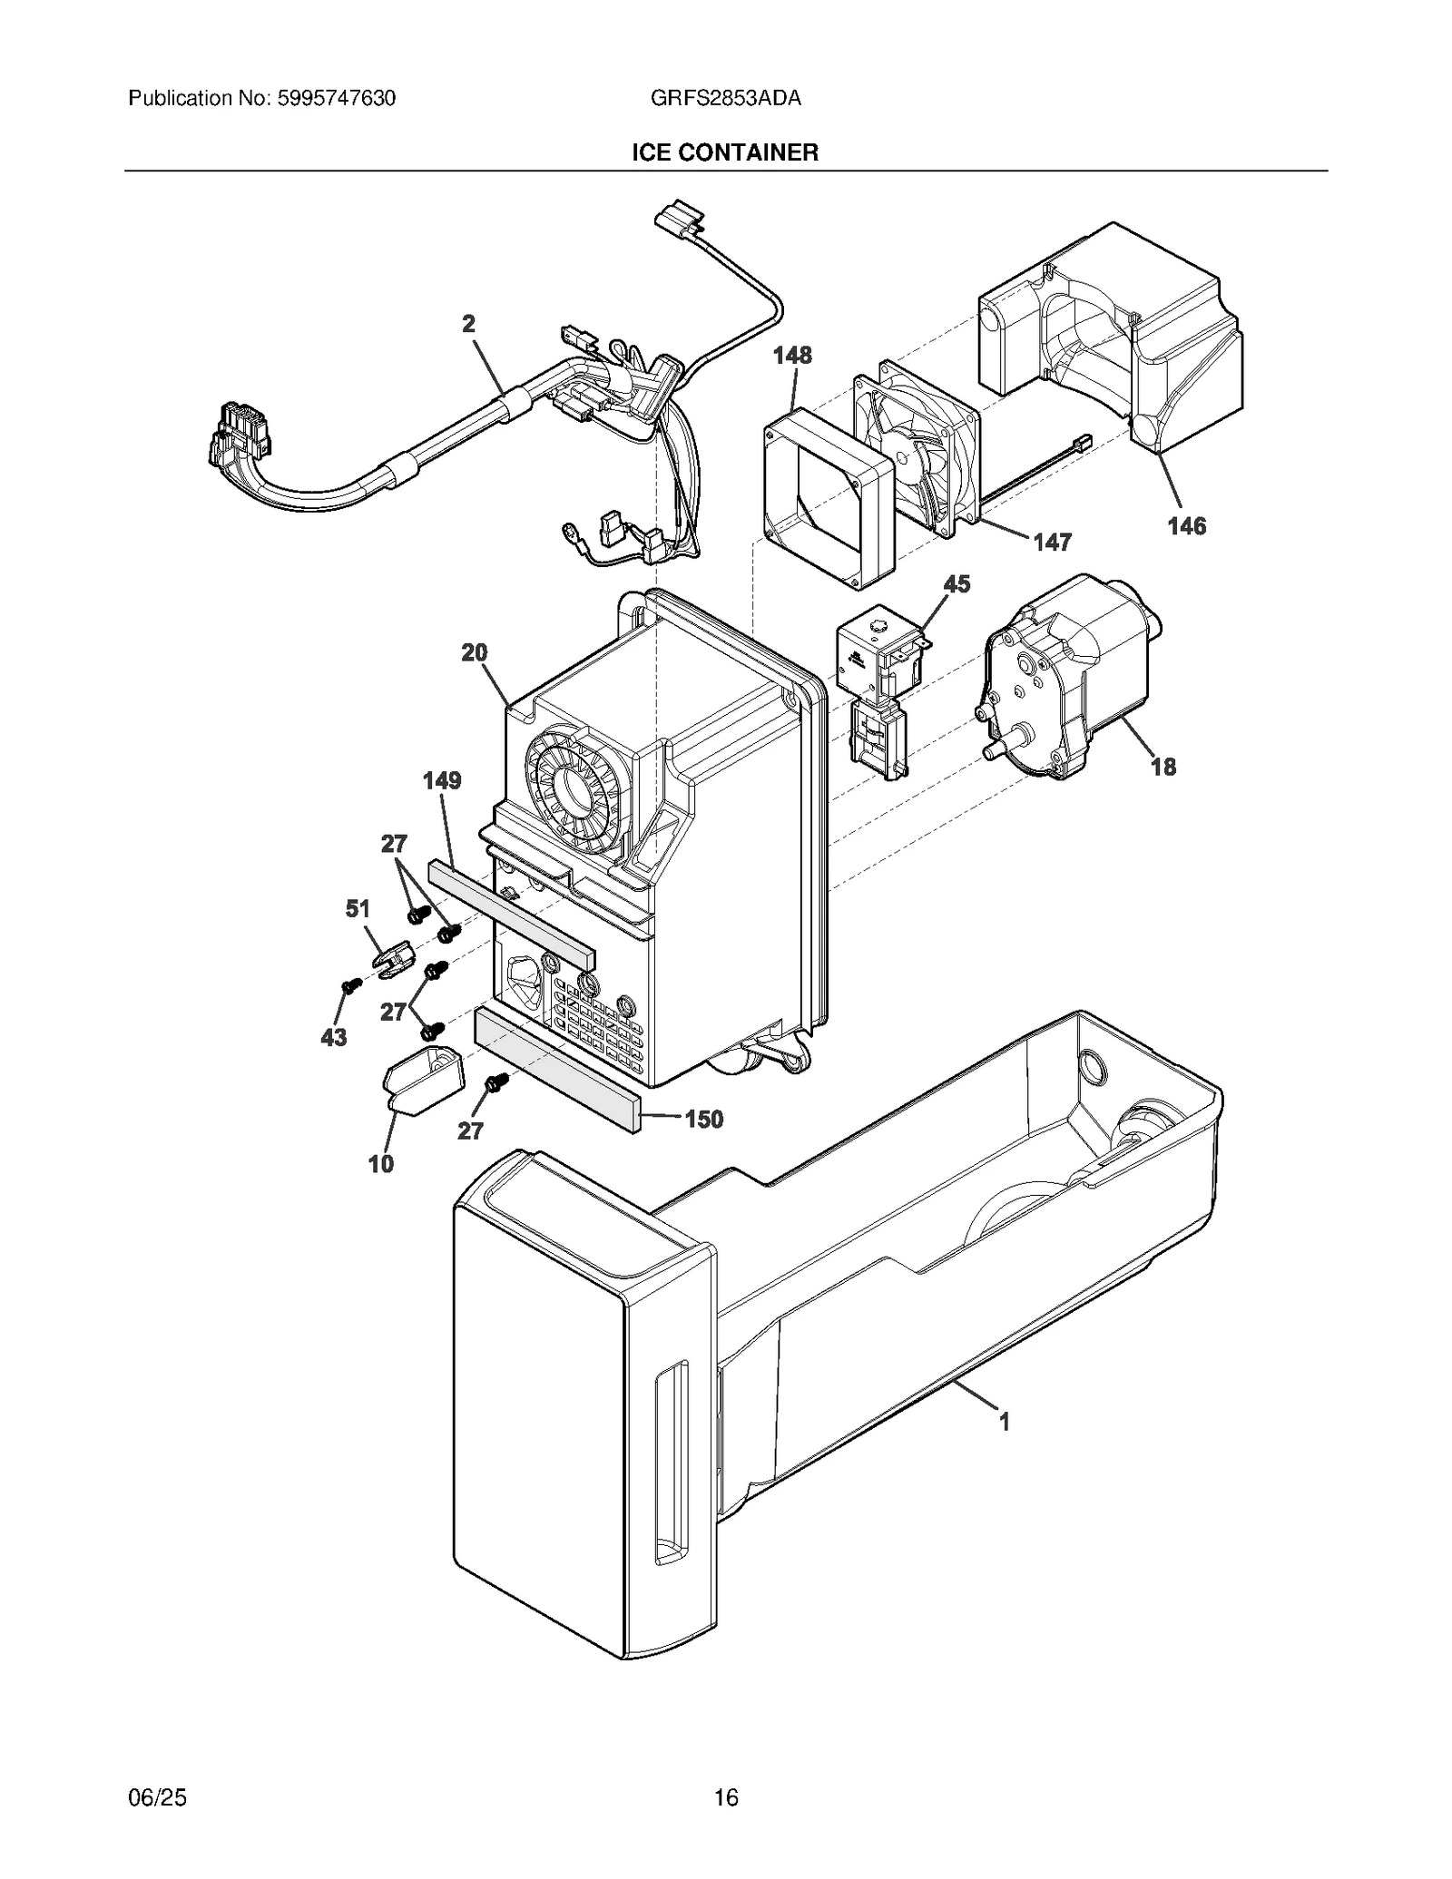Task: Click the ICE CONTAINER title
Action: coord(725,152)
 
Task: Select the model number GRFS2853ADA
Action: coord(725,98)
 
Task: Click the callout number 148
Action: coord(792,355)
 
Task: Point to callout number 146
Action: coord(1186,525)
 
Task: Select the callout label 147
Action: coord(1052,542)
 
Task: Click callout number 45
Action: coord(957,583)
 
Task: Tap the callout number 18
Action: coord(1163,767)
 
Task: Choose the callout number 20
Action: coord(474,652)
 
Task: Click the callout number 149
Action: coord(442,780)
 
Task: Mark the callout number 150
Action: coord(704,1119)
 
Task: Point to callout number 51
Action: coord(358,908)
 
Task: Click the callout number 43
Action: coord(333,1037)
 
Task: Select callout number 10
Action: coord(381,1163)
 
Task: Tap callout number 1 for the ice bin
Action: coord(1004,1422)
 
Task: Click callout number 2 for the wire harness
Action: coord(468,324)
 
